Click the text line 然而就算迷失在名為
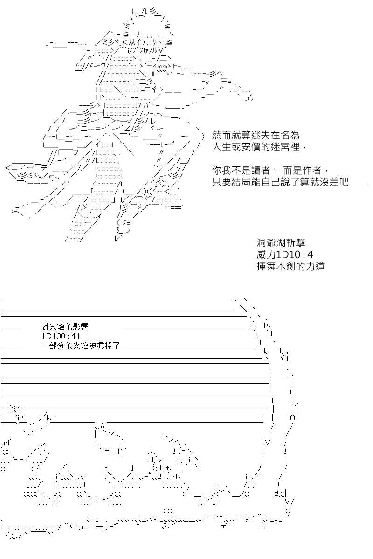click(x=256, y=135)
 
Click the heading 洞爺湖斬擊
click(x=281, y=243)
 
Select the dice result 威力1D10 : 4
click(x=285, y=254)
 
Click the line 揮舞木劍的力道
click(x=290, y=266)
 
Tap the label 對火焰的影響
click(x=65, y=327)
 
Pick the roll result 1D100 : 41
click(x=61, y=336)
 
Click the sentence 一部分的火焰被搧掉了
click(x=81, y=346)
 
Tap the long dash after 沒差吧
click(x=359, y=183)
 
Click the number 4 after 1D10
click(x=310, y=254)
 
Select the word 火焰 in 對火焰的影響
click(x=57, y=327)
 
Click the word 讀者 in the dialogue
click(x=261, y=170)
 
